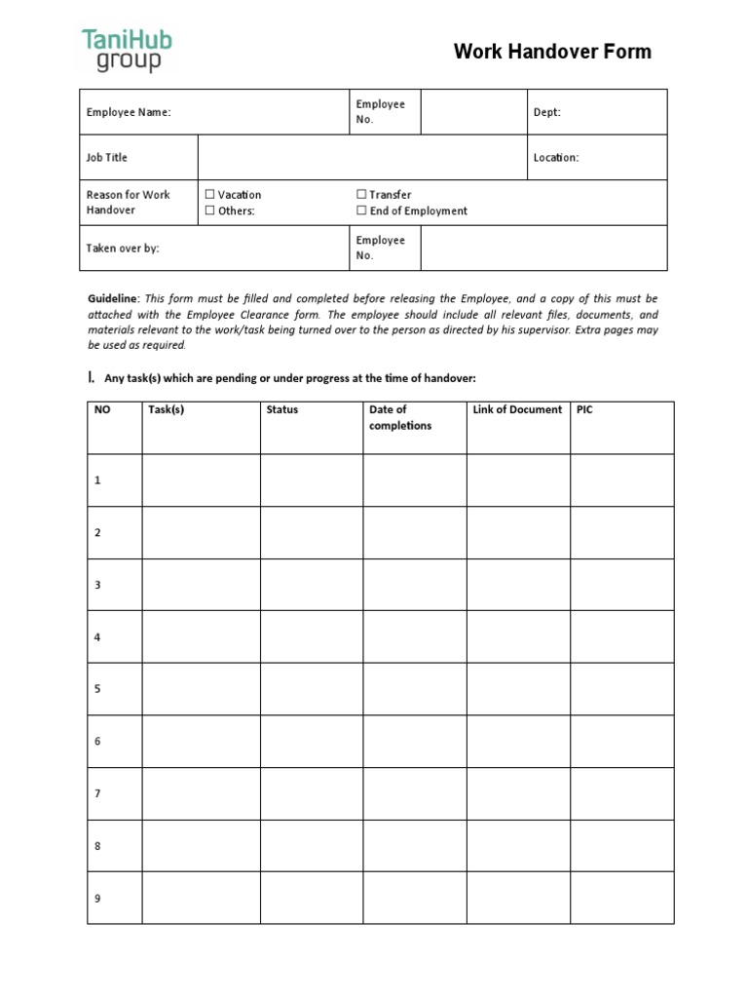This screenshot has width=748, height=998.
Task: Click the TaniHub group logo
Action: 127,51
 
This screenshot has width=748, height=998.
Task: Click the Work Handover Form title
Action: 552,52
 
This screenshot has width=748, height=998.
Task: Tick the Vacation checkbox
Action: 209,195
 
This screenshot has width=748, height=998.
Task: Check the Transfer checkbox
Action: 361,195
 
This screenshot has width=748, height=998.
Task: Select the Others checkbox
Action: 209,211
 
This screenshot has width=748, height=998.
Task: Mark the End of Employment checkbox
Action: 361,211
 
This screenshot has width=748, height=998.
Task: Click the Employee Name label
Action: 129,112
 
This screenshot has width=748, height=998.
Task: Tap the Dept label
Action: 546,112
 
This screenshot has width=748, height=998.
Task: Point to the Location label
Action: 555,158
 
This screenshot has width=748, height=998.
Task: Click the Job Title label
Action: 107,158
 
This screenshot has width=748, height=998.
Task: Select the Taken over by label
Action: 123,249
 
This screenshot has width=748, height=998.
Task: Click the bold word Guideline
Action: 113,298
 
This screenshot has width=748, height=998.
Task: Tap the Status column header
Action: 282,410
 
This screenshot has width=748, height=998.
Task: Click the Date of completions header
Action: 399,418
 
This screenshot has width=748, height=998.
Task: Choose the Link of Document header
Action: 517,410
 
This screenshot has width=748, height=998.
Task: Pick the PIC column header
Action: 584,410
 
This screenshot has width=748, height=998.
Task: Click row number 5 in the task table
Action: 97,689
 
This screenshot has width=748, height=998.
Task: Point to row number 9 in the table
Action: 97,899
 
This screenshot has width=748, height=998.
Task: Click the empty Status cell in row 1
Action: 312,480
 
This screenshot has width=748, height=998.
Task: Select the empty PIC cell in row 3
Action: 621,585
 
